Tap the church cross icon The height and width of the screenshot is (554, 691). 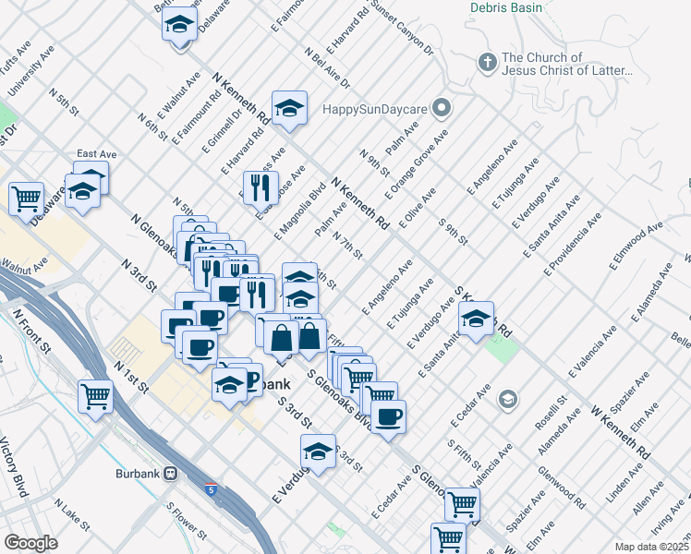pos(487,63)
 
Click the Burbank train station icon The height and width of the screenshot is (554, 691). pos(171,473)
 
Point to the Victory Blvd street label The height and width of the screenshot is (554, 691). pos(16,471)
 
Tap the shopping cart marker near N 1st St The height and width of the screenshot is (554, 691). pos(96,397)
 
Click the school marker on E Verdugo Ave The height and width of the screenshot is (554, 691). pos(318,452)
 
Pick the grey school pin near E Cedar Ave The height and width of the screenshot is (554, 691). pos(506,400)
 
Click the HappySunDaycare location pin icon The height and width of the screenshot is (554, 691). pos(442,109)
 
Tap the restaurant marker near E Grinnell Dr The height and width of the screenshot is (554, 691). pos(261,187)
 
